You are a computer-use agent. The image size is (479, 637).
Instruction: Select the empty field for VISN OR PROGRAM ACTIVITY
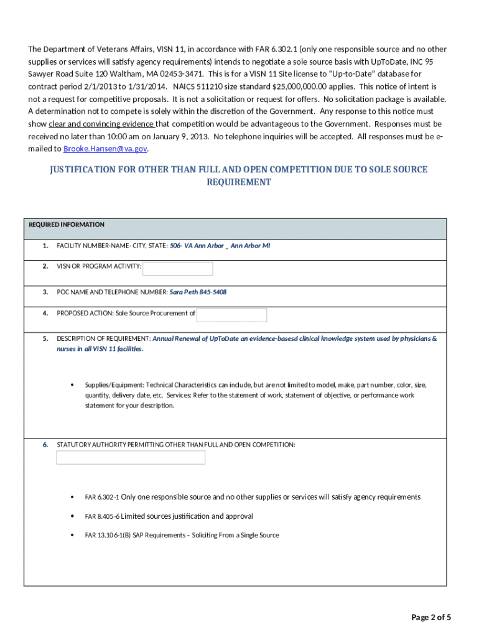tap(178, 268)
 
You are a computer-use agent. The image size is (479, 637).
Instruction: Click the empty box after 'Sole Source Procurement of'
tap(231, 315)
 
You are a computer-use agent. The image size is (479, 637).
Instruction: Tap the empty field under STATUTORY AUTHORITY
tap(131, 458)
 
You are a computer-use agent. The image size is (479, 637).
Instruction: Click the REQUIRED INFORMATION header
tap(67, 225)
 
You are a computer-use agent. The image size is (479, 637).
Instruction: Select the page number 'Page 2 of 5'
tap(431, 617)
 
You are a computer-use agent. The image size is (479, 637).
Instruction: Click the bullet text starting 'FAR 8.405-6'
tap(169, 516)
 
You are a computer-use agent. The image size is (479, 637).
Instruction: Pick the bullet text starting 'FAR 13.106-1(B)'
tap(182, 535)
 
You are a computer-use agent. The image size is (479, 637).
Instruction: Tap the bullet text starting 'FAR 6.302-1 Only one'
tap(253, 497)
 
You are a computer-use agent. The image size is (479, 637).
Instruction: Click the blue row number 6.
tap(45, 445)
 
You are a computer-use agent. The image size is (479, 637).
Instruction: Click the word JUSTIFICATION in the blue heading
tap(86, 169)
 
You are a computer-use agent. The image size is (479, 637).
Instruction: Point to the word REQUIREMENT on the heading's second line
tap(239, 182)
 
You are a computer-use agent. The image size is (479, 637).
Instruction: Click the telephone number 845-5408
tap(213, 292)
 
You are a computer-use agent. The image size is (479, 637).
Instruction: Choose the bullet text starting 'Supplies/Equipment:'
tap(256, 395)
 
